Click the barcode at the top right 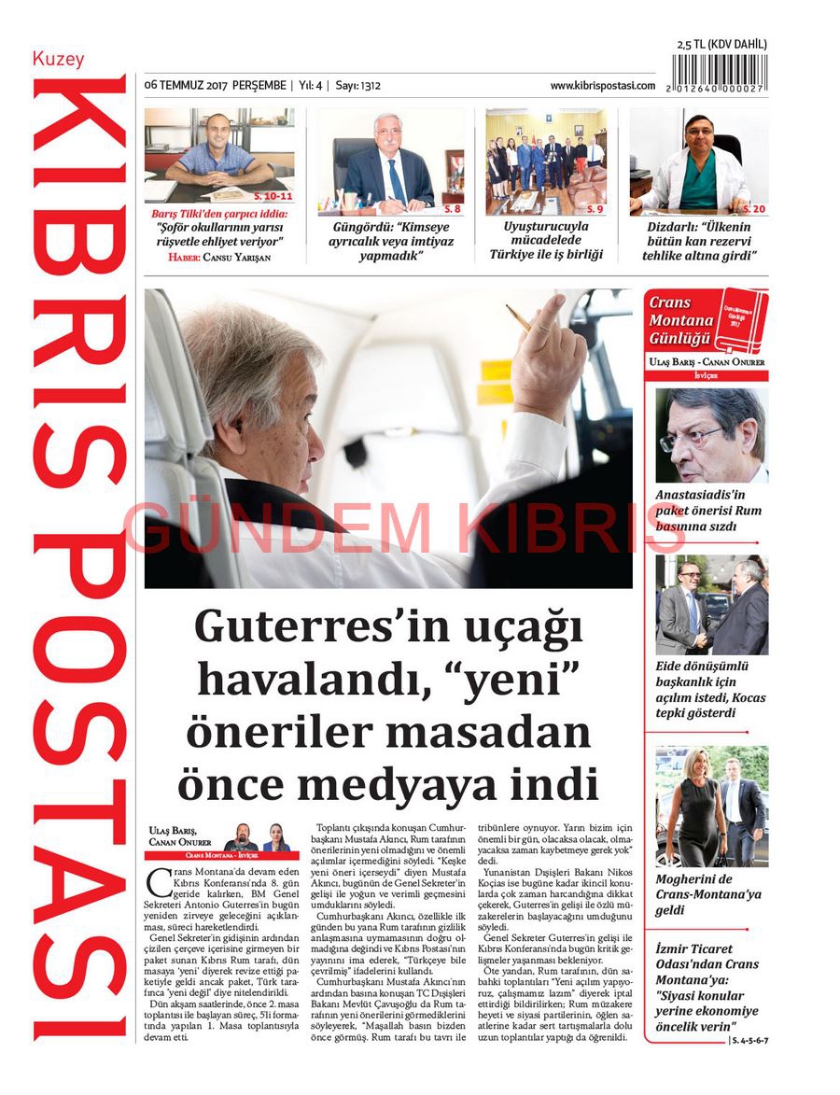pos(719,73)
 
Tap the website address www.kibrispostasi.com pos(602,86)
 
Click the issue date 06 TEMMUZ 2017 pos(186,86)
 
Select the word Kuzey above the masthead pos(58,59)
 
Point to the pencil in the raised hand pos(518,317)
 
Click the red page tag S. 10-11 pos(273,196)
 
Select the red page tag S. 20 pos(753,208)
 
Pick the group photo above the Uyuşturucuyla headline pos(546,161)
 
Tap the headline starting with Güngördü pos(390,241)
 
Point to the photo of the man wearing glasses pos(711,435)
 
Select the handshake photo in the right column pos(711,605)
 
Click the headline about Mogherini pos(707,894)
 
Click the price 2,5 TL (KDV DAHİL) pos(721,44)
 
